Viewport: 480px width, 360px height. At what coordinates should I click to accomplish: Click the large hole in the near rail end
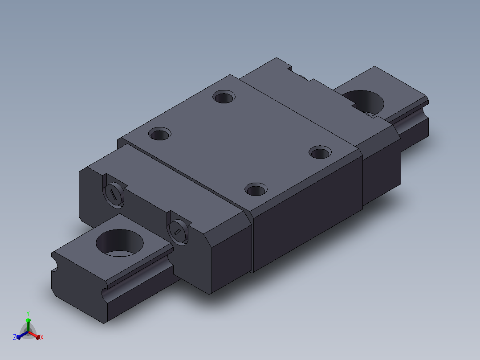click(119, 243)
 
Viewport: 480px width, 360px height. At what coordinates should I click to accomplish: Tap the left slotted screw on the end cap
click(114, 195)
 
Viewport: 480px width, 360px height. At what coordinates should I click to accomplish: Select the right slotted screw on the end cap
click(178, 232)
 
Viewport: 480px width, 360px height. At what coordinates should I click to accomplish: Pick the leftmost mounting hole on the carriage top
click(160, 134)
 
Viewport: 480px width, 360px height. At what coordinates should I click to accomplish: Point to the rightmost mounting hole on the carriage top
click(320, 152)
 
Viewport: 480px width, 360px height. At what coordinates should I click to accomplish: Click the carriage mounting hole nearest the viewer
click(256, 189)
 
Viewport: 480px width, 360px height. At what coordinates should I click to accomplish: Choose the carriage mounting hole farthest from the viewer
click(224, 97)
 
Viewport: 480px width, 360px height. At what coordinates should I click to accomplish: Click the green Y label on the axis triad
click(28, 313)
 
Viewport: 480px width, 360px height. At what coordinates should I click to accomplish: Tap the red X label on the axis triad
click(42, 337)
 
